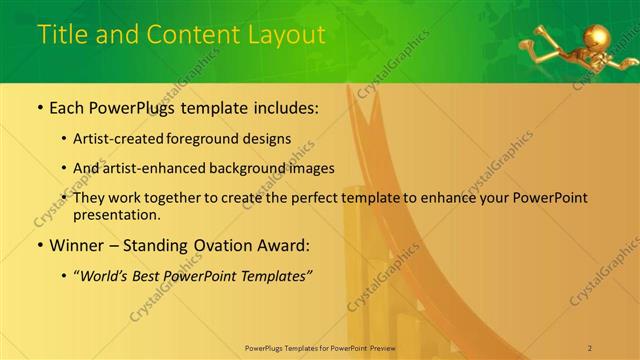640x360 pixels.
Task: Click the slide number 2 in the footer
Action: tap(589, 347)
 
